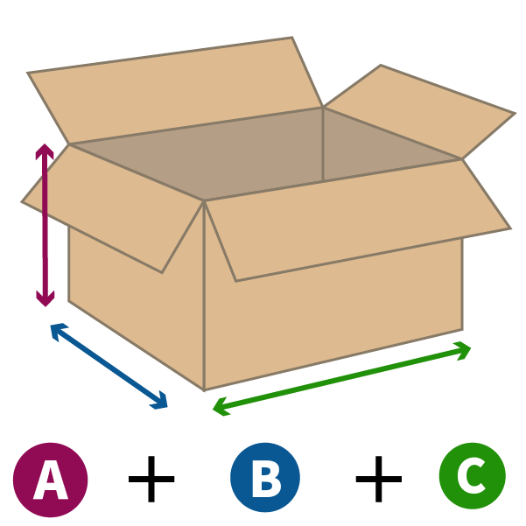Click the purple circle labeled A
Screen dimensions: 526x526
coord(50,480)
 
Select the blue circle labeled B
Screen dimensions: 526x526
coord(265,477)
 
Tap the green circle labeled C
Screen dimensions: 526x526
coord(473,476)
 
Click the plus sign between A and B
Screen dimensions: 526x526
coord(151,479)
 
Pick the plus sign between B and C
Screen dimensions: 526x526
coord(379,479)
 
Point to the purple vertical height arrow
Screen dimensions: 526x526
coord(46,225)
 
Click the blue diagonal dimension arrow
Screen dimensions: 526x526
coord(109,367)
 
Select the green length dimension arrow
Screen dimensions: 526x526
coord(342,379)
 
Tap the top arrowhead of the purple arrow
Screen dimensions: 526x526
coord(45,150)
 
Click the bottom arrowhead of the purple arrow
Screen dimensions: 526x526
coord(46,299)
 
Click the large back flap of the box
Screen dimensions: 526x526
coord(174,90)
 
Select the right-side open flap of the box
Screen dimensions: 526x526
coord(419,110)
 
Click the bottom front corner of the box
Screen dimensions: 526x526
coord(204,390)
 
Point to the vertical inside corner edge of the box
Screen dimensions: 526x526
coord(323,144)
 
